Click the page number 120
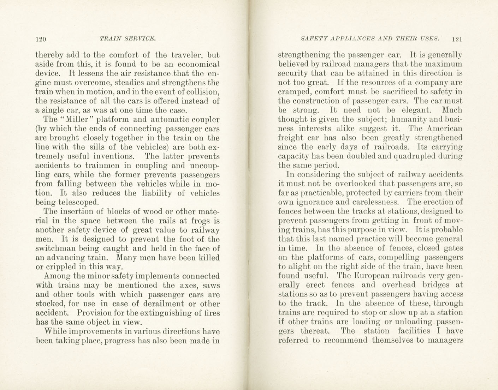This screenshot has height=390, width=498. click(x=41, y=39)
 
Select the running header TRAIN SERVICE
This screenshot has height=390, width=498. click(x=128, y=38)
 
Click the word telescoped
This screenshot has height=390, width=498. click(x=78, y=202)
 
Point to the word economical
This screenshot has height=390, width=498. click(x=198, y=64)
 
